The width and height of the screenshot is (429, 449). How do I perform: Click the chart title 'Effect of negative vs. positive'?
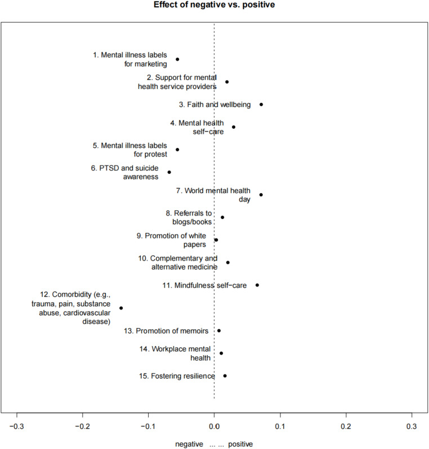[x=214, y=6]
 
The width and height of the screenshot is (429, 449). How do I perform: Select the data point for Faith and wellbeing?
[x=261, y=104]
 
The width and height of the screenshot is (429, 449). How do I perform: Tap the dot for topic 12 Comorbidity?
[x=121, y=308]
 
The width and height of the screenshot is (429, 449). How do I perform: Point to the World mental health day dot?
[x=261, y=195]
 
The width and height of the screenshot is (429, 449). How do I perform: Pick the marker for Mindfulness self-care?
[x=257, y=285]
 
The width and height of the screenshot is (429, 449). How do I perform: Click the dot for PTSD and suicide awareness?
[x=169, y=172]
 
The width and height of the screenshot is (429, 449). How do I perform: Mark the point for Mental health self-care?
[x=234, y=127]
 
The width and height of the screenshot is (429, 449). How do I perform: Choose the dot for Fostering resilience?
[x=225, y=376]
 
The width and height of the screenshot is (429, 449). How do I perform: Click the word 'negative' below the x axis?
[x=189, y=444]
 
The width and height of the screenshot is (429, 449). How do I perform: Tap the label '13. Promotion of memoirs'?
[x=166, y=331]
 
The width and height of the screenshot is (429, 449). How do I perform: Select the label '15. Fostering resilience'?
[x=177, y=376]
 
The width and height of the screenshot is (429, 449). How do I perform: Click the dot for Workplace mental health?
[x=221, y=353]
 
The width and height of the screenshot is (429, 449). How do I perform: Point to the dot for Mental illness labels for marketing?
[x=177, y=59]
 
